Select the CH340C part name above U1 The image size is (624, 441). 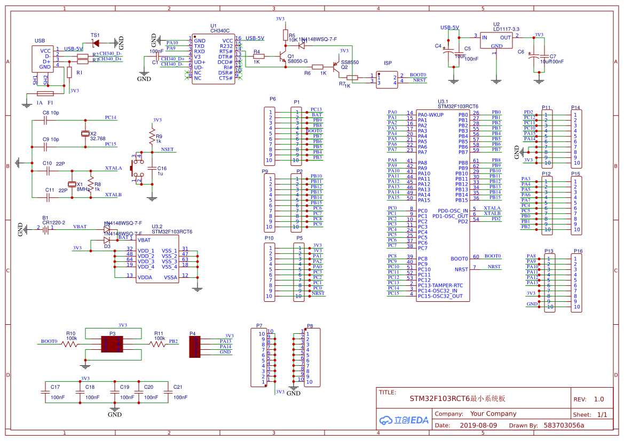[x=219, y=31]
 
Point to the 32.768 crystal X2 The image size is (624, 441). [x=84, y=133]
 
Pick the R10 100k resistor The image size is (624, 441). [x=70, y=344]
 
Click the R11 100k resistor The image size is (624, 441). [x=159, y=344]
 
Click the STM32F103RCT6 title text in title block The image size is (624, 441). [x=457, y=398]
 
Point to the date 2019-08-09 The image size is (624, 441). [x=478, y=426]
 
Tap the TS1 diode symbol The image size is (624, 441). [x=96, y=42]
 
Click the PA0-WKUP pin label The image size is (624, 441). [x=431, y=115]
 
